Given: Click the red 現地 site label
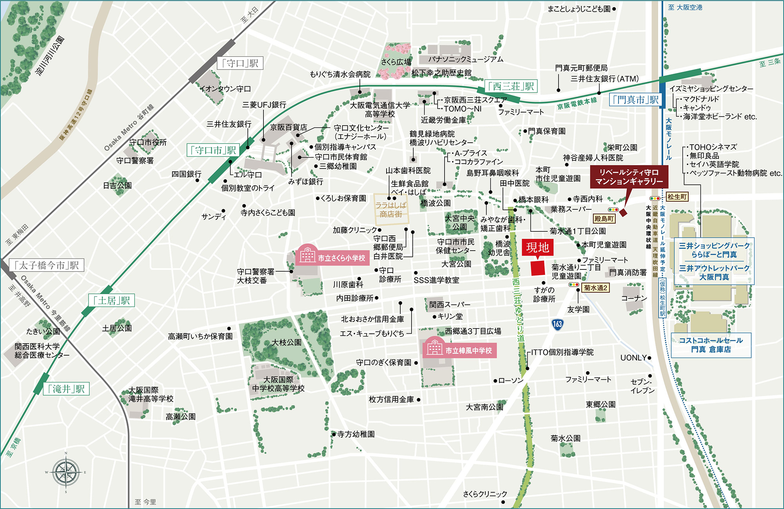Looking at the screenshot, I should tap(537, 247).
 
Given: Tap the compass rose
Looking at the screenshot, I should tap(66, 473).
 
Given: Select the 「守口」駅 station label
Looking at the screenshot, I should tap(240, 63).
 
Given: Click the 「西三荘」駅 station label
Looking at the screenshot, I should tap(511, 86).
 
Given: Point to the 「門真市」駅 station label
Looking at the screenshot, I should tap(635, 100).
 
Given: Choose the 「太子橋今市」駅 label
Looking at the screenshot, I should tap(46, 265).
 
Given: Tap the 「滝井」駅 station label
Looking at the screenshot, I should tap(66, 389).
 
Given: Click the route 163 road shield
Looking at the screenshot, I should tap(557, 324).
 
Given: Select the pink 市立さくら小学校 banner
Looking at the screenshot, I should tap(333, 258).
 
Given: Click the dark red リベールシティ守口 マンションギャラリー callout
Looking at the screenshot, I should tap(629, 177).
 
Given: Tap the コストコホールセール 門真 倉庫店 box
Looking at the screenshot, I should tap(711, 345).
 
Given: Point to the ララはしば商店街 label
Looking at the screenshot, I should tap(390, 209).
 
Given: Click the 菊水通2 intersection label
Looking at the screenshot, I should tap(595, 288).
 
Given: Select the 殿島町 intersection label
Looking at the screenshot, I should tap(604, 219).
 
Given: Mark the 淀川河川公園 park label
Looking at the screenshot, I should tap(50, 55).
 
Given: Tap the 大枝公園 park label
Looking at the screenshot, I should tap(287, 342).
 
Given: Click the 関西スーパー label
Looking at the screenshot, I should tap(449, 304).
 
